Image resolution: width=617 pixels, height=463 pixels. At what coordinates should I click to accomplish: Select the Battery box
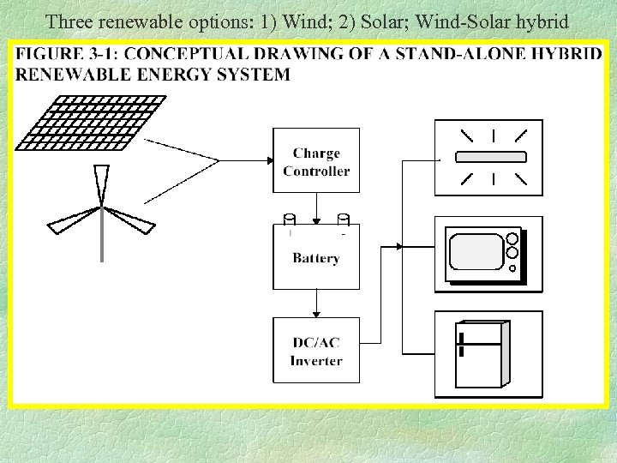pos(315,256)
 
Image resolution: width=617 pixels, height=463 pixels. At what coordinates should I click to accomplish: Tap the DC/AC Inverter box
pos(315,351)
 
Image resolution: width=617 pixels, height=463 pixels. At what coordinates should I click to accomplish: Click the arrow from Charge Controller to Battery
pos(316,211)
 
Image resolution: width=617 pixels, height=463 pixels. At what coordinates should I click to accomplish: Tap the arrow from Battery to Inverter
pos(316,304)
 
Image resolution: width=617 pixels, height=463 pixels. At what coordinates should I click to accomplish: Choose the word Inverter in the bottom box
pos(316,360)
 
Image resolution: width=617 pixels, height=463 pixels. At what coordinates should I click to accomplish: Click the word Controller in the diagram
pos(316,171)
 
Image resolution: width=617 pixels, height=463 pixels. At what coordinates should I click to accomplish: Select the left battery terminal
pos(290,219)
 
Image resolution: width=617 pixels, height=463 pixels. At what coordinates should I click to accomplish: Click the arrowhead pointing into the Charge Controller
pos(267,160)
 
